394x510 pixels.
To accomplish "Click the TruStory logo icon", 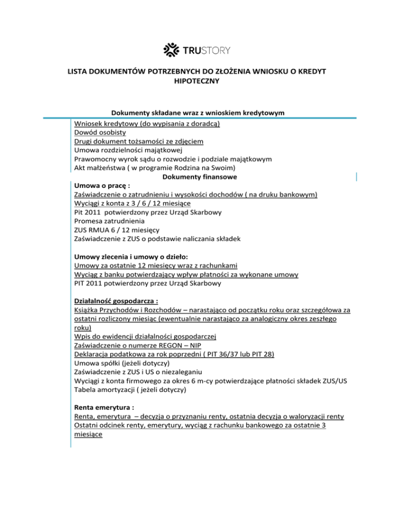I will click(171, 50).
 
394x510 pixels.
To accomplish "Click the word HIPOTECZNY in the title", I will click(198, 81).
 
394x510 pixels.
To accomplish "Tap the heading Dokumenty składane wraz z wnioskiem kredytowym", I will click(198, 113).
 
